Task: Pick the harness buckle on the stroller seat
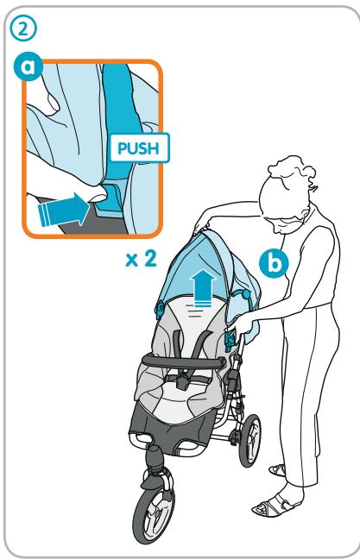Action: [x=185, y=378]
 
